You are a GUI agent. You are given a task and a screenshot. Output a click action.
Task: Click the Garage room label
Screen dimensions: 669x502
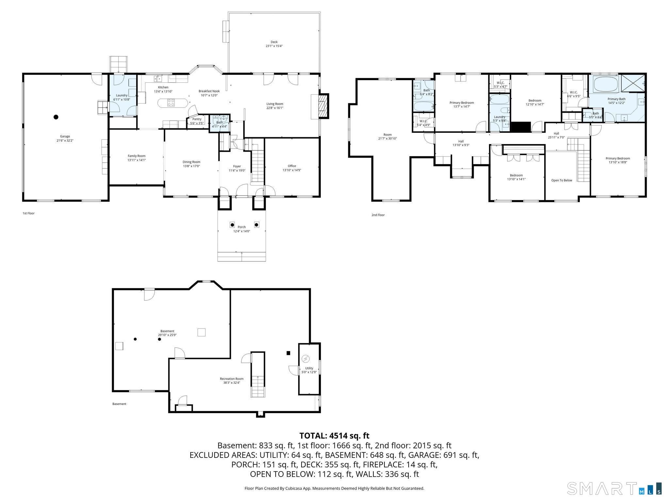coord(65,136)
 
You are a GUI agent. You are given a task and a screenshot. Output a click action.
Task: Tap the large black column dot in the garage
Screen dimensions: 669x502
coord(56,117)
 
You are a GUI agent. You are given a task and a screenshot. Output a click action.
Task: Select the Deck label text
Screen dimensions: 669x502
coord(274,42)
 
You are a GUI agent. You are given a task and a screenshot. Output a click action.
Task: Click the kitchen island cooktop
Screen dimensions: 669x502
coord(171,103)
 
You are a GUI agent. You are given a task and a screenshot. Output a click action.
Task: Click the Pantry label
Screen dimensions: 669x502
coord(197,119)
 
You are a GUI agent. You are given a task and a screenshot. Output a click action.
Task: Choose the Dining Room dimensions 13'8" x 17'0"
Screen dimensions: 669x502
coord(191,166)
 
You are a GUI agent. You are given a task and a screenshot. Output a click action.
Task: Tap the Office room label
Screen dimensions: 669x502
coord(292,166)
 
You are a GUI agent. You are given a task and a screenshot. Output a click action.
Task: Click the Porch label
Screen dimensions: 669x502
coord(241,227)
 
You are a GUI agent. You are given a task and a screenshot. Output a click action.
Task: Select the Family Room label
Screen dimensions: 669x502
coord(137,156)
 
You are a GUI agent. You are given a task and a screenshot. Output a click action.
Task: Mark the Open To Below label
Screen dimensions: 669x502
coord(562,180)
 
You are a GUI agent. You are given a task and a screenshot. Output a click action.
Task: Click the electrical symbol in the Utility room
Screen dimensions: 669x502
coord(305,359)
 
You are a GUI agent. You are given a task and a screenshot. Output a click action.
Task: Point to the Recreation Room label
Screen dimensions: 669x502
coord(232,379)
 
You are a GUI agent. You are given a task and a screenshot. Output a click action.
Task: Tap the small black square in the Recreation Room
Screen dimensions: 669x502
coord(288,353)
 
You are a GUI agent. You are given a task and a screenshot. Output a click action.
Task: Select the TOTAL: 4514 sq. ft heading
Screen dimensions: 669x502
coord(334,436)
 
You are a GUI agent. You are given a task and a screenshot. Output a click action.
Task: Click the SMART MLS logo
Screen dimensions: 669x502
coord(614,488)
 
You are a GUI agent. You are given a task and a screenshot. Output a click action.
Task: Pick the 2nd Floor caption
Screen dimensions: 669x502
coord(378,215)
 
